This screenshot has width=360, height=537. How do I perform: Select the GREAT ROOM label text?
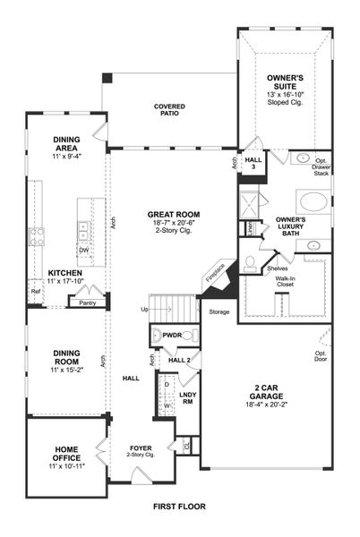tap(176, 216)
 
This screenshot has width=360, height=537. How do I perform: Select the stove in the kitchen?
tap(38, 237)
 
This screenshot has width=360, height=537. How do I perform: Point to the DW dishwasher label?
tap(83, 251)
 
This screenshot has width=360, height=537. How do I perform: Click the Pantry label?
tap(87, 303)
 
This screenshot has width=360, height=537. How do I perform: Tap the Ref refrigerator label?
tap(36, 292)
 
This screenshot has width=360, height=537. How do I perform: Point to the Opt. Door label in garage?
tap(320, 354)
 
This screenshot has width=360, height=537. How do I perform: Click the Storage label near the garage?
tap(219, 311)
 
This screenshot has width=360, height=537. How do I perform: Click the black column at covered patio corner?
tap(107, 79)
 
